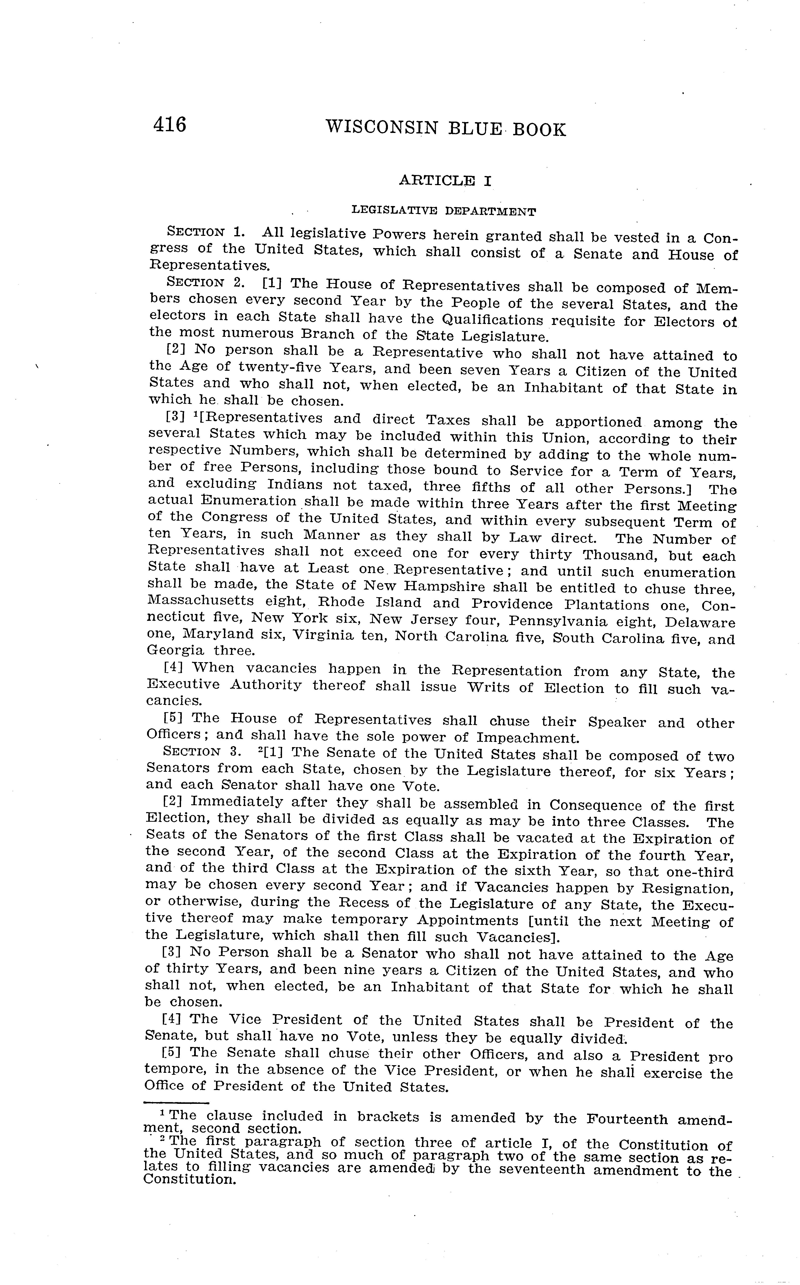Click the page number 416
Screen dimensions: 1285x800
[169, 125]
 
